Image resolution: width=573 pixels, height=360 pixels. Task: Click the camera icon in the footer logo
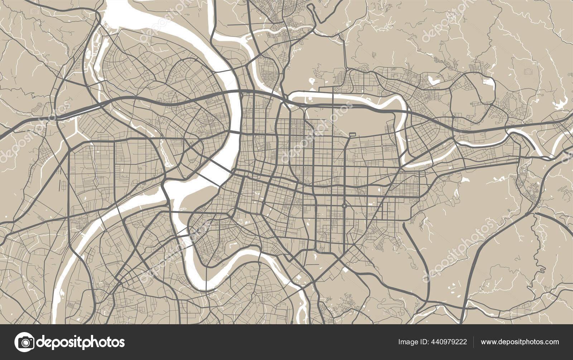coord(24,342)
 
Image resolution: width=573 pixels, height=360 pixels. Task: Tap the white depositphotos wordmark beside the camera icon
coord(81,342)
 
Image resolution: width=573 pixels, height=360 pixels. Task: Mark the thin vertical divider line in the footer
coord(473,342)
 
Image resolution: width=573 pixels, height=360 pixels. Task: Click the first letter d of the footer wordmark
coord(41,342)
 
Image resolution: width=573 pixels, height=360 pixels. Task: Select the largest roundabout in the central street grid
coord(344,206)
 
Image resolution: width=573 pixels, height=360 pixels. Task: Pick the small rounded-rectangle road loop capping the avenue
coord(352,135)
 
